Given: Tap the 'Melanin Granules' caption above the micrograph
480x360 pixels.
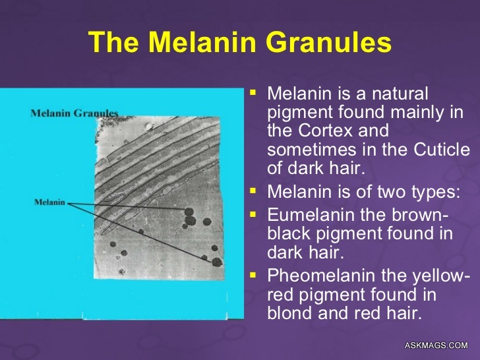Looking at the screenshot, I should [x=75, y=113].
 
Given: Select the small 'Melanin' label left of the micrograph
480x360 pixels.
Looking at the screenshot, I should [x=49, y=202].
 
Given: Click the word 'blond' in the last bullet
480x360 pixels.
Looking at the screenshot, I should [x=289, y=313].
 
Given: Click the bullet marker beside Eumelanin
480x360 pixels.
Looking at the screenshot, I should [x=251, y=212].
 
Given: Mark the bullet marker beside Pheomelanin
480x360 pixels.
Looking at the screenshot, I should [x=251, y=272].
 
